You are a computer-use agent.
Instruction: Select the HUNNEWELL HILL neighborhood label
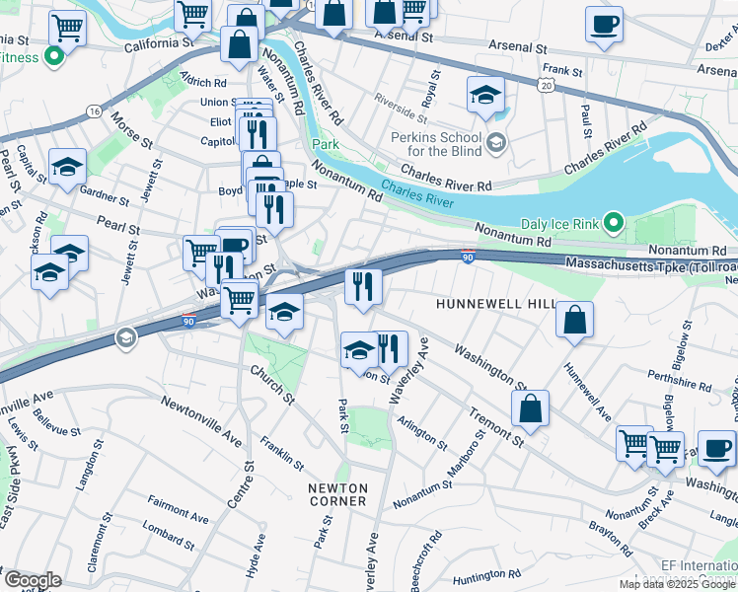point(496,305)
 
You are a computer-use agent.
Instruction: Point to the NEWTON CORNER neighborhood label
point(337,494)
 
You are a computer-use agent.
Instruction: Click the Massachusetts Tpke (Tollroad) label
point(650,264)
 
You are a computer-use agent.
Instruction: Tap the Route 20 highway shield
point(546,87)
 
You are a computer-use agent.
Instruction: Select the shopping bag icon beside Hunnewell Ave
point(574,321)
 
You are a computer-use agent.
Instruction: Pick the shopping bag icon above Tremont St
point(530,408)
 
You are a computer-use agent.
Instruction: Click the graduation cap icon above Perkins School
point(485,96)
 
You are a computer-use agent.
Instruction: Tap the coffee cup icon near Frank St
point(604,25)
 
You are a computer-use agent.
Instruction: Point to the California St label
point(159,44)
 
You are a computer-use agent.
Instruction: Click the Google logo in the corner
point(32,579)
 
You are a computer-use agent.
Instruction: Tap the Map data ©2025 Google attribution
point(677,584)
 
